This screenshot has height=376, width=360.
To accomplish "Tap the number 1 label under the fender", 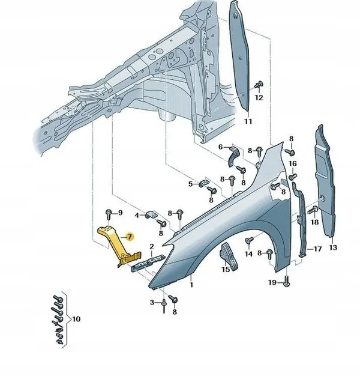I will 191,287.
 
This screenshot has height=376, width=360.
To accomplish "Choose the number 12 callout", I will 259,97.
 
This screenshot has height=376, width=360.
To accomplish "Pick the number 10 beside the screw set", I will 76,318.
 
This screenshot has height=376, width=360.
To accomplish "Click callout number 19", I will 272,282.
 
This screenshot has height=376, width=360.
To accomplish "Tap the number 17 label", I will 318,248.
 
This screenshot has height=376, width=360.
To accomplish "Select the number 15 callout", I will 225,270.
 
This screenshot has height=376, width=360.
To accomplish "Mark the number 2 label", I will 152,246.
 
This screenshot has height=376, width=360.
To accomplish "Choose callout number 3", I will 152,302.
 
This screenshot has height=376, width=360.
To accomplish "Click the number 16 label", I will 292,163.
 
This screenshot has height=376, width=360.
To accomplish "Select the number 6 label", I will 221,147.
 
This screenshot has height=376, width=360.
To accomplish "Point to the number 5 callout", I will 190,184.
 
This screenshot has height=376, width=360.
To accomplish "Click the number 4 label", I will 137,215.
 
